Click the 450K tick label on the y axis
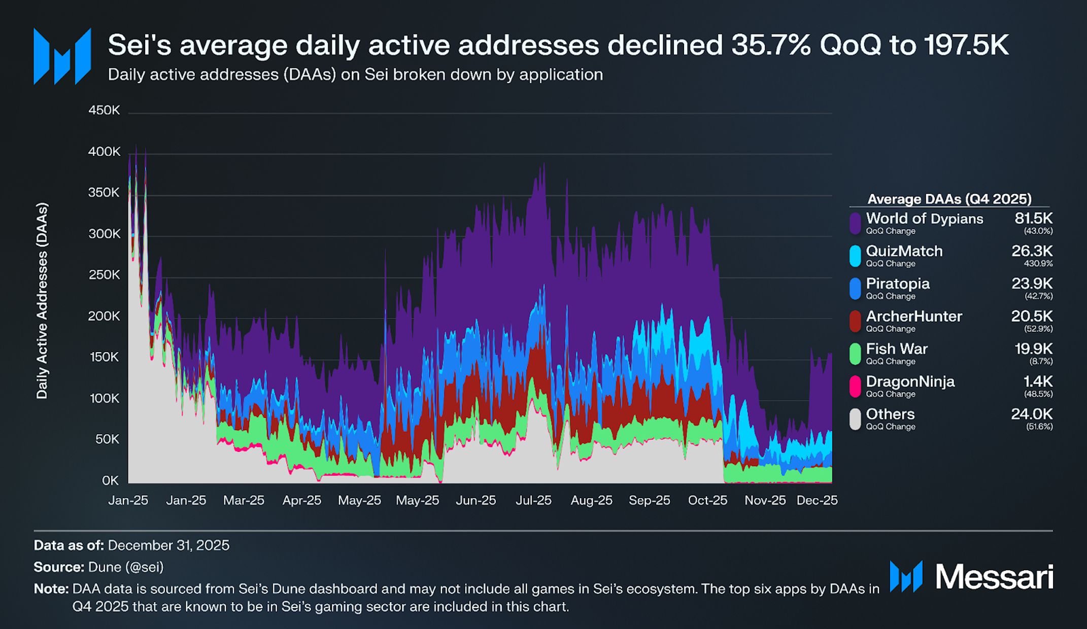(104, 111)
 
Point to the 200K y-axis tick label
(104, 316)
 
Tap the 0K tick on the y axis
(110, 480)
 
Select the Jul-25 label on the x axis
(533, 501)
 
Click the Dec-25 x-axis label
(817, 501)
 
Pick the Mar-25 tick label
(244, 501)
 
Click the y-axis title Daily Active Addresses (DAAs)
(42, 301)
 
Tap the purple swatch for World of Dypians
(855, 223)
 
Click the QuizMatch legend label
(904, 251)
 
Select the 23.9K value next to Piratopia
(1032, 284)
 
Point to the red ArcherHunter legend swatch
(855, 321)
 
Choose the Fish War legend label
(896, 349)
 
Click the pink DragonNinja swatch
(855, 386)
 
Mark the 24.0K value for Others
(1032, 414)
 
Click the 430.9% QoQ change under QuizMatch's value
(1038, 264)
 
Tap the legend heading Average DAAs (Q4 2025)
(949, 199)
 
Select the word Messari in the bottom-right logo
(994, 577)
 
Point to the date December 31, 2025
(168, 545)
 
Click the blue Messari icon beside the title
(62, 56)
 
